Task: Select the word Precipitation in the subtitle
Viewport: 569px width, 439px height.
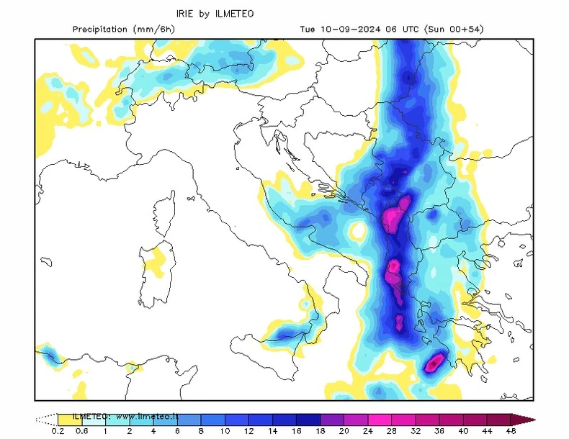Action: coord(102,30)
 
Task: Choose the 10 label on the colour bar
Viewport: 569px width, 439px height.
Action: coord(225,431)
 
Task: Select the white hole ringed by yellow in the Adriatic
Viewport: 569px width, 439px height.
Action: coord(356,232)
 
